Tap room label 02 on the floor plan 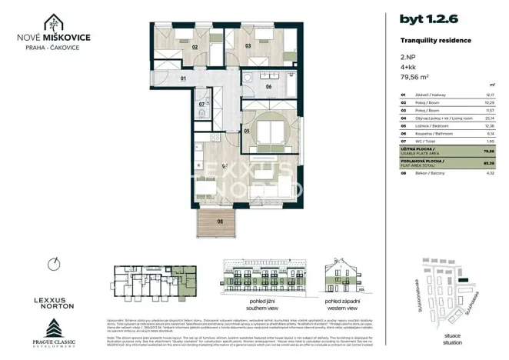(x=195, y=46)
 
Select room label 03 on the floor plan (x=248, y=46)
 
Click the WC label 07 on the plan (x=201, y=104)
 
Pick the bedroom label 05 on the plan (x=247, y=131)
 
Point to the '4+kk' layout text (x=408, y=67)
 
